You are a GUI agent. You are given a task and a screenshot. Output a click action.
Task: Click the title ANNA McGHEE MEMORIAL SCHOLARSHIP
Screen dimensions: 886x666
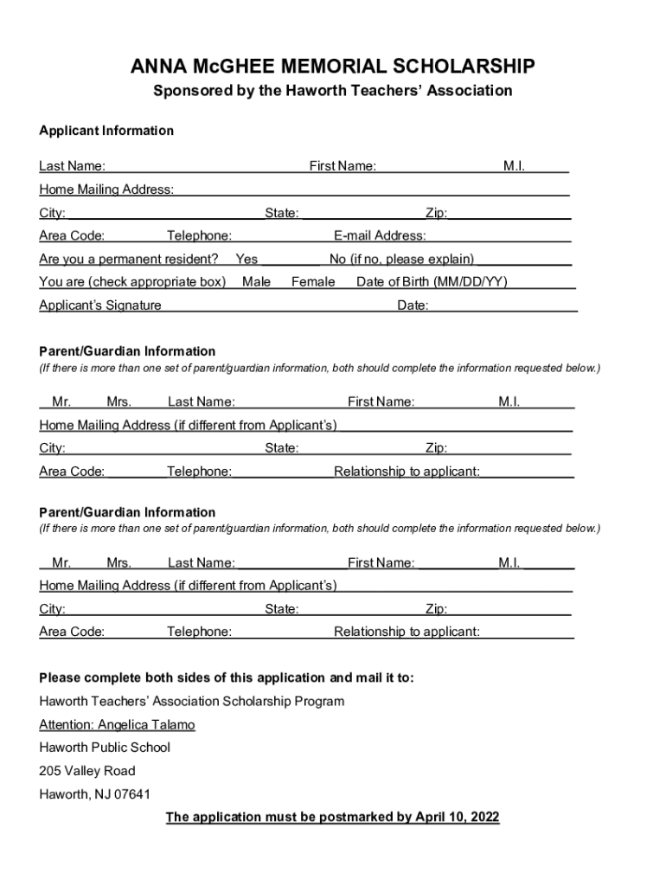click(x=333, y=67)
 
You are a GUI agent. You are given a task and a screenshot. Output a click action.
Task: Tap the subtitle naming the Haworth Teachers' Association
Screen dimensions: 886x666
click(x=333, y=91)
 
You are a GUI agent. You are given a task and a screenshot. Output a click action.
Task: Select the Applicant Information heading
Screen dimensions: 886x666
click(x=106, y=131)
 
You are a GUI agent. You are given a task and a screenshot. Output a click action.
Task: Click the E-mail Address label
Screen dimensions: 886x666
click(x=380, y=235)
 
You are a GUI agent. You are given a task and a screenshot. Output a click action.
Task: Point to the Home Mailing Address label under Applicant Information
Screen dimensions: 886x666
click(x=106, y=189)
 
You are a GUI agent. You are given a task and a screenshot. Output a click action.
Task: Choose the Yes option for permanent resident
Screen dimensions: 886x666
click(x=247, y=259)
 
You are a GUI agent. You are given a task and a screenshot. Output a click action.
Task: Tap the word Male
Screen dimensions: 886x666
click(x=256, y=281)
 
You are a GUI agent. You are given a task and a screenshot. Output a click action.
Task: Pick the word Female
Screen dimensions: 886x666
click(x=313, y=281)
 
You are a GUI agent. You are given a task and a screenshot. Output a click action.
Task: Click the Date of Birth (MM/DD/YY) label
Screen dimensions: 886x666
click(x=432, y=281)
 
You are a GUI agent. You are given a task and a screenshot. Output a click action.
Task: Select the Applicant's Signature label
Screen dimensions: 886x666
click(x=100, y=305)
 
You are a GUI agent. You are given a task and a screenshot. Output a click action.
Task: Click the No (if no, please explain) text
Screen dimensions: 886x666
click(x=401, y=259)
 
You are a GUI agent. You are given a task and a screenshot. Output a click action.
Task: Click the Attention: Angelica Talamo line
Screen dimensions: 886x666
click(x=117, y=724)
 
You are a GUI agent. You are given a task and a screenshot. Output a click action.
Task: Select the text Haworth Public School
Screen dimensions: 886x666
click(x=105, y=748)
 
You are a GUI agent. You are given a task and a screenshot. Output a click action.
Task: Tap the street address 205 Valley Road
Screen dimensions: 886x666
click(x=87, y=771)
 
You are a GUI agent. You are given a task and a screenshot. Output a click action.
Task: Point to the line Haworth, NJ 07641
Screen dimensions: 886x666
click(x=88, y=794)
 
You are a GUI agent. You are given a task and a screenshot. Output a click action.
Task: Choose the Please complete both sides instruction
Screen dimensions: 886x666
click(x=227, y=677)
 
